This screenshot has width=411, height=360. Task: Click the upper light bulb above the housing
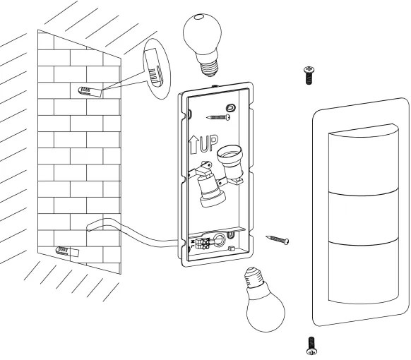(203, 44)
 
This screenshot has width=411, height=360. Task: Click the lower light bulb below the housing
(265, 301)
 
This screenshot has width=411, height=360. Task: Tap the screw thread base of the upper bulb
(209, 68)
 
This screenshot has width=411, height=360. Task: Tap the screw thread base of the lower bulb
(254, 277)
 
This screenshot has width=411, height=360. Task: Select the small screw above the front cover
(309, 76)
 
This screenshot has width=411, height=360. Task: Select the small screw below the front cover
(311, 346)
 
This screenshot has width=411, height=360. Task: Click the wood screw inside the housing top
(218, 117)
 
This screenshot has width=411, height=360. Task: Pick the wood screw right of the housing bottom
(278, 240)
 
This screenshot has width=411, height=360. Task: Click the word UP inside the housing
(208, 143)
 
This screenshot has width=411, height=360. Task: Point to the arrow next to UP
(193, 145)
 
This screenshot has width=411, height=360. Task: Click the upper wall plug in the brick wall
(90, 92)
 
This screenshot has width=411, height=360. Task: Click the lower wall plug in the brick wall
(67, 251)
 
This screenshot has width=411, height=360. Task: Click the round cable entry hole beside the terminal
(218, 240)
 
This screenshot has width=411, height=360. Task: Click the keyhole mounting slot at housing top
(231, 108)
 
